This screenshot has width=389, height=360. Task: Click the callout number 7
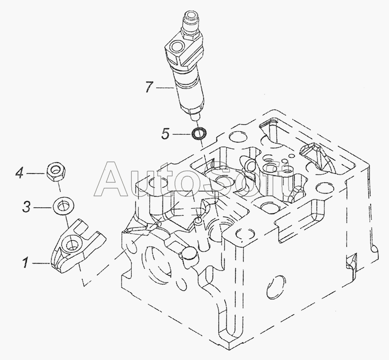pos(148,88)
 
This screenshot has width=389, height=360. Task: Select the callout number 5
pos(165,133)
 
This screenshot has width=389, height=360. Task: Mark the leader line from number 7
pos(164,88)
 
